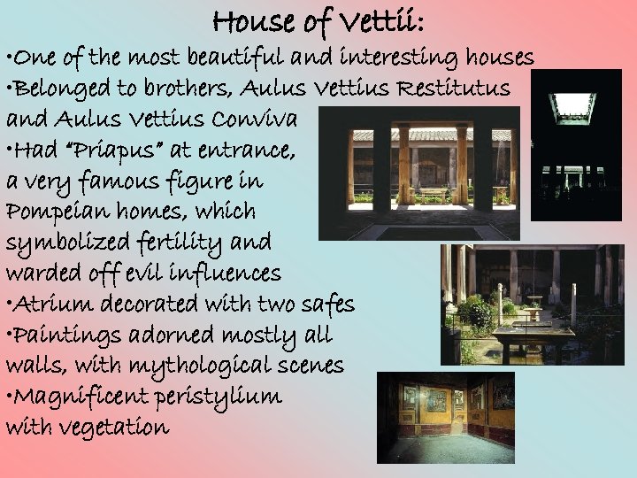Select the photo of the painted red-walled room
tap(445, 417)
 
